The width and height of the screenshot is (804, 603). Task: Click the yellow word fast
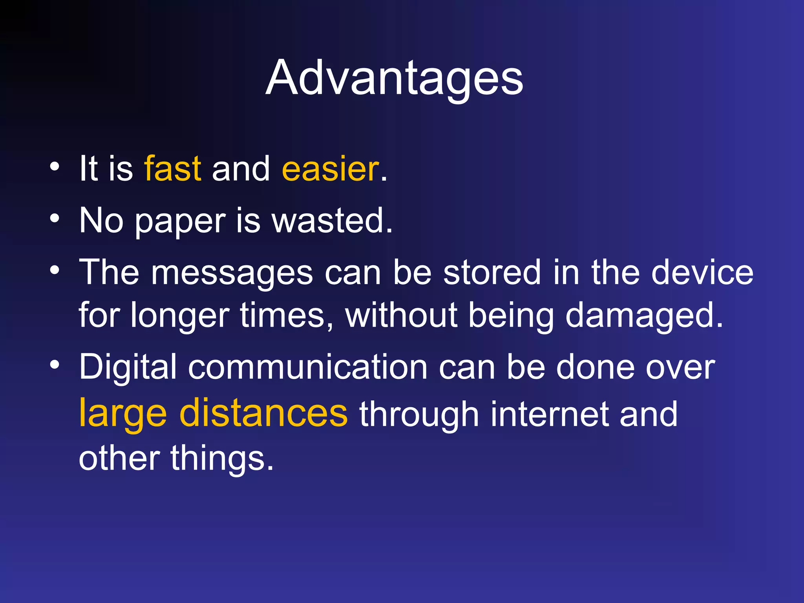click(173, 169)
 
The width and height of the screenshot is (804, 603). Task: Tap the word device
click(702, 272)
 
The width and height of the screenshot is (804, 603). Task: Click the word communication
click(308, 367)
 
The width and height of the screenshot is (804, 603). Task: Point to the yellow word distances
click(263, 413)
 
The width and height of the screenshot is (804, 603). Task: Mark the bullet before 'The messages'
click(55, 270)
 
